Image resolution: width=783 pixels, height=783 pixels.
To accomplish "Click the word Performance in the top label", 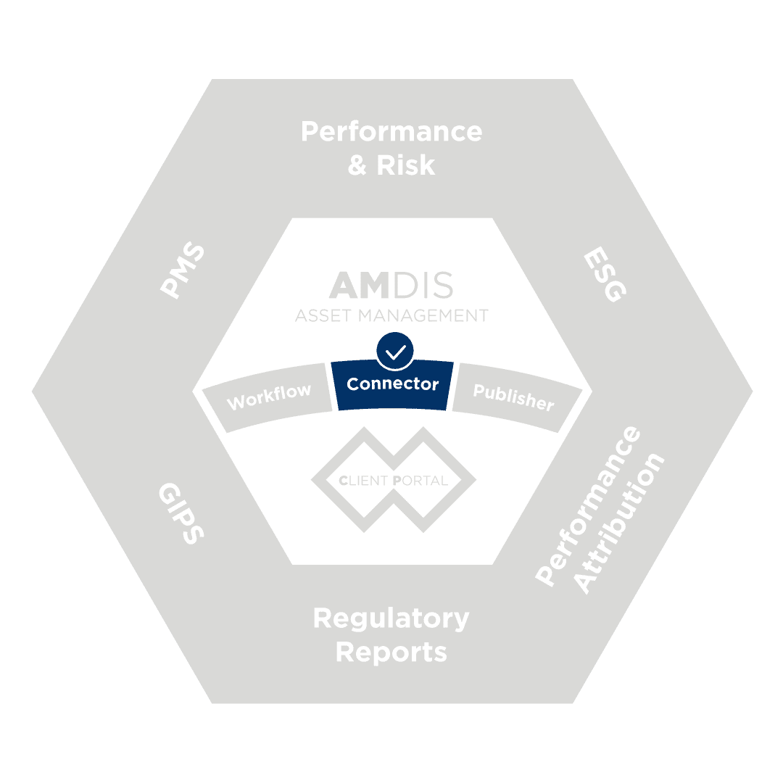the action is click(x=391, y=133).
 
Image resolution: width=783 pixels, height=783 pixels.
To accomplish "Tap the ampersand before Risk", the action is click(x=357, y=165).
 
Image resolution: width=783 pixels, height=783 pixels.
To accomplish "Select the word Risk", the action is click(x=405, y=165).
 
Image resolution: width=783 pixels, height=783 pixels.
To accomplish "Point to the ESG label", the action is click(x=605, y=273).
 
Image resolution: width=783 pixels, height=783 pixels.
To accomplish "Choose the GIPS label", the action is click(x=181, y=513).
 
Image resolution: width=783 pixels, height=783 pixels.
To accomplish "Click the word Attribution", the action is click(x=618, y=523).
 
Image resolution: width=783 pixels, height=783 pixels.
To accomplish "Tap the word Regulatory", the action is click(x=391, y=620).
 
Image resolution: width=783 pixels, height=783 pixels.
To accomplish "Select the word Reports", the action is click(x=391, y=652).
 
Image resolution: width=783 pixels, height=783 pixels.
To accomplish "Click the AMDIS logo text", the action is click(x=391, y=285).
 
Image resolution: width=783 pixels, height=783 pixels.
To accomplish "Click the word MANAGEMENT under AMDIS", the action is click(x=423, y=315).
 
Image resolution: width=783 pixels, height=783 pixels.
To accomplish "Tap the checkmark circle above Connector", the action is click(x=395, y=351).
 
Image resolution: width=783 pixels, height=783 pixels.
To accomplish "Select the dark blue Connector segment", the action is click(x=392, y=384).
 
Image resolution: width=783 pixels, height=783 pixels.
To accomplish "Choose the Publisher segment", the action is click(x=516, y=397).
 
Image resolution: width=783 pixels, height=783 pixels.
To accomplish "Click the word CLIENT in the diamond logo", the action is click(x=363, y=481).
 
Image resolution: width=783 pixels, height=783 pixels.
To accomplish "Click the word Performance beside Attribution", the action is click(x=587, y=505).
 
